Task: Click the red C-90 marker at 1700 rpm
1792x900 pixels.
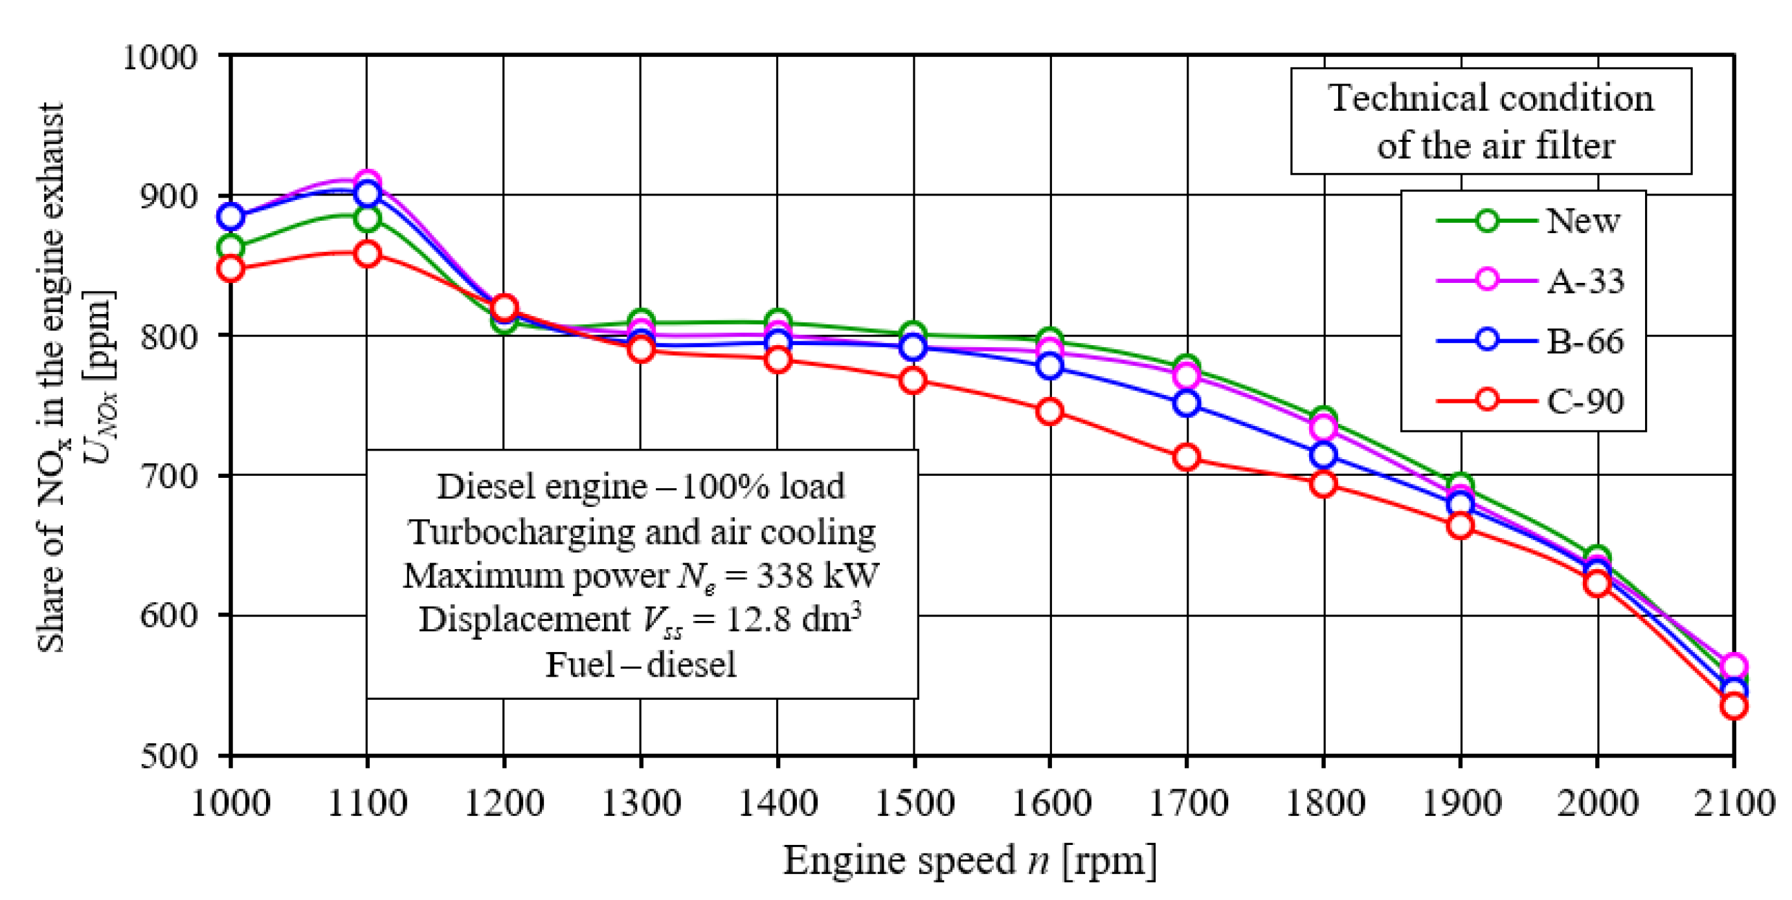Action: [x=1186, y=458]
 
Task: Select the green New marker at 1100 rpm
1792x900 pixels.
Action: [x=366, y=219]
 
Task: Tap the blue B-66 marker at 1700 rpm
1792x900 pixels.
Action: [x=1186, y=403]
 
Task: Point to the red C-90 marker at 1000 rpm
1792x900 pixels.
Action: [x=230, y=269]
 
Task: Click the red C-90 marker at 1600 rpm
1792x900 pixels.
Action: [x=1049, y=411]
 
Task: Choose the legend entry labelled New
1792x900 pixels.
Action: [x=1583, y=221]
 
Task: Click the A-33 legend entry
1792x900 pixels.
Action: [x=1585, y=281]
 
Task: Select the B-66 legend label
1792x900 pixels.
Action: [x=1585, y=341]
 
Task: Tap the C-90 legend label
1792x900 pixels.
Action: [x=1585, y=401]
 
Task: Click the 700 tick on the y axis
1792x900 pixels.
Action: [x=169, y=477]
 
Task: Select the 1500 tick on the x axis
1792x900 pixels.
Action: [x=913, y=804]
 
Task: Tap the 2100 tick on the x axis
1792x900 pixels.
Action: [x=1734, y=804]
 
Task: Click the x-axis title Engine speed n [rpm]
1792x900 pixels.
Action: [x=970, y=861]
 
